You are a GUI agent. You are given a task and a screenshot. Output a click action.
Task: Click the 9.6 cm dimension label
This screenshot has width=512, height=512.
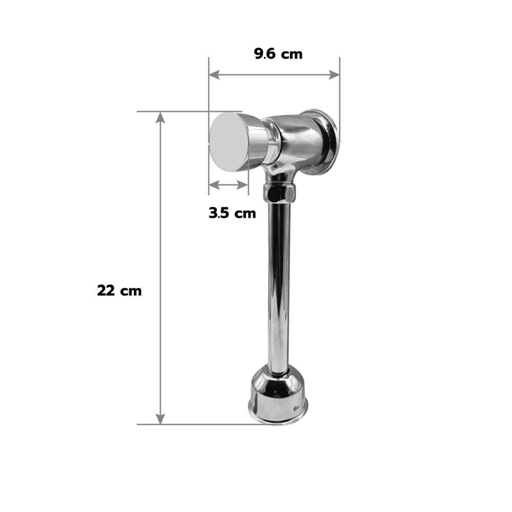pyautogui.click(x=278, y=54)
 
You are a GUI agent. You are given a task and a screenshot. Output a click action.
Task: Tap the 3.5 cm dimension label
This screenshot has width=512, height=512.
pyautogui.click(x=232, y=213)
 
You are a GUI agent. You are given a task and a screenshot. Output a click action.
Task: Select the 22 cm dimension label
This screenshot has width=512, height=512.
pyautogui.click(x=119, y=291)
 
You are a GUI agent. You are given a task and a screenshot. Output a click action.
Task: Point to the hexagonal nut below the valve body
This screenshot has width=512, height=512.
pyautogui.click(x=280, y=193)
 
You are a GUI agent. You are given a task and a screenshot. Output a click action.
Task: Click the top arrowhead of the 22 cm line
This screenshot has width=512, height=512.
pyautogui.click(x=160, y=117)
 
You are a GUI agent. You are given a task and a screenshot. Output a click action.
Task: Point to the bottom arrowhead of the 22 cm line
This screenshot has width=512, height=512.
pyautogui.click(x=160, y=419)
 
